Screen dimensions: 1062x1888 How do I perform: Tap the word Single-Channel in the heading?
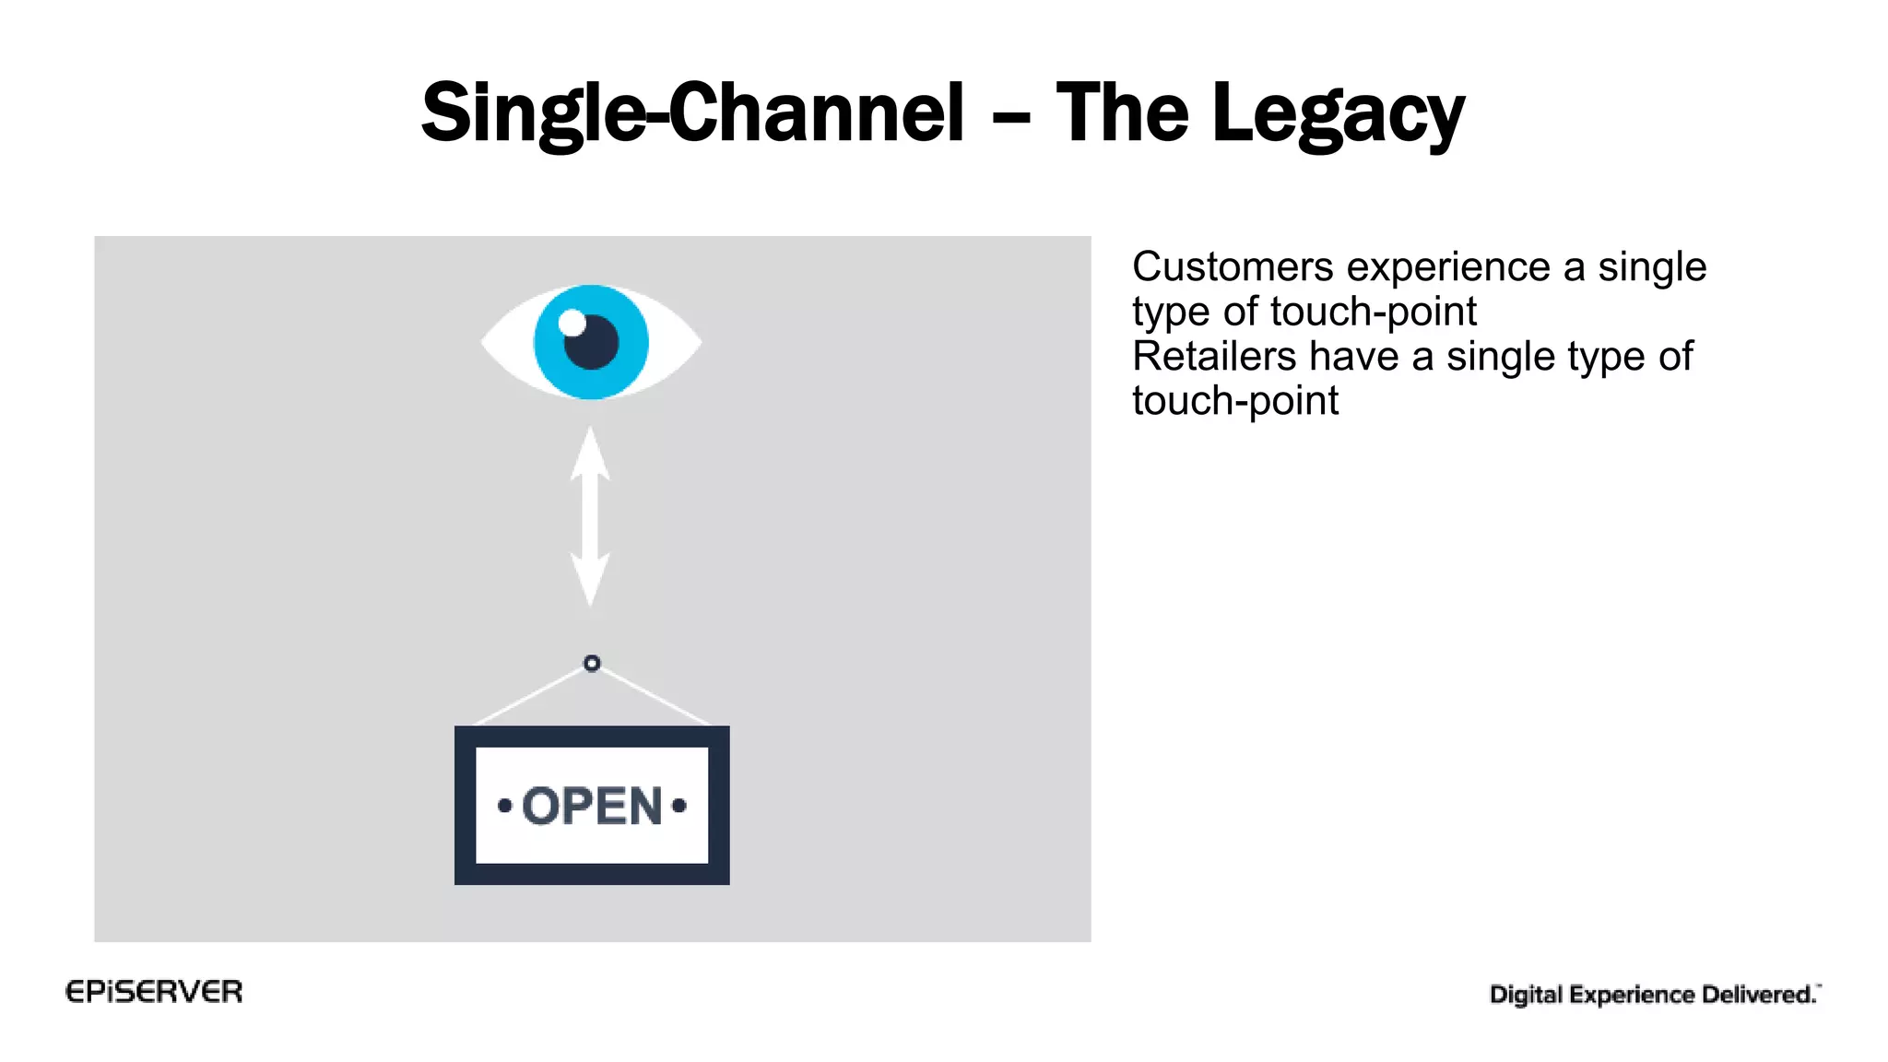691,113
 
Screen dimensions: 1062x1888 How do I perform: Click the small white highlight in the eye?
572,323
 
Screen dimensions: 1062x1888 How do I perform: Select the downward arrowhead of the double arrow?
590,581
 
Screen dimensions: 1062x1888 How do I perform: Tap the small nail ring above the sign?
592,663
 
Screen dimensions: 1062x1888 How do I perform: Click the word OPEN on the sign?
592,806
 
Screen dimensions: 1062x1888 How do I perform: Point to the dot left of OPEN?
504,806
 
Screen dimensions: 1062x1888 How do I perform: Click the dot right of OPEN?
679,806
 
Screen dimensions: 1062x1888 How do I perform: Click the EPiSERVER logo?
154,992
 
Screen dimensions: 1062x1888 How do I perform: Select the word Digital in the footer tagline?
1526,995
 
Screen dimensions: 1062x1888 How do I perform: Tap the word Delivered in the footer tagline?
1758,995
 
